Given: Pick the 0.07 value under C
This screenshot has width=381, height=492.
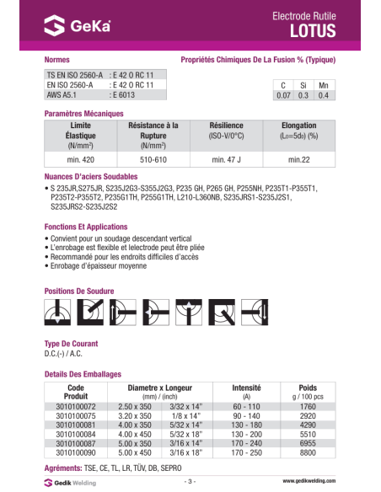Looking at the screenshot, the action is tap(282, 96).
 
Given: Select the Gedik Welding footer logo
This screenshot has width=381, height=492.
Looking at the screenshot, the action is tap(71, 482).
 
